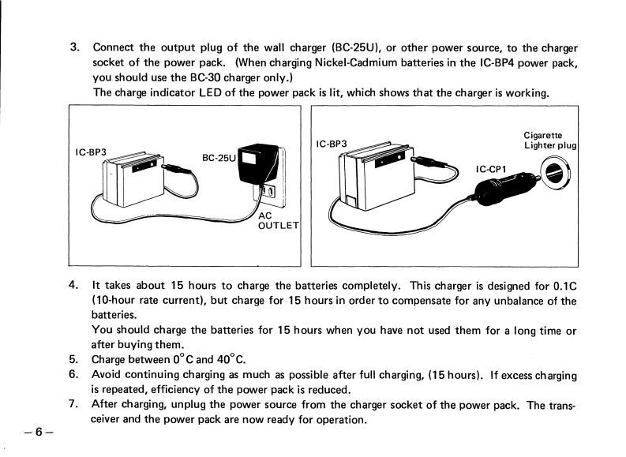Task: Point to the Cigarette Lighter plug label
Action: pos(550,140)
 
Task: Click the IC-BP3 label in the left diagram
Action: pos(92,152)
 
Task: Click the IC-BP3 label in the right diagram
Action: pos(332,144)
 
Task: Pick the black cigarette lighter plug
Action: pos(493,190)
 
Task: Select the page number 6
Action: pos(37,432)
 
